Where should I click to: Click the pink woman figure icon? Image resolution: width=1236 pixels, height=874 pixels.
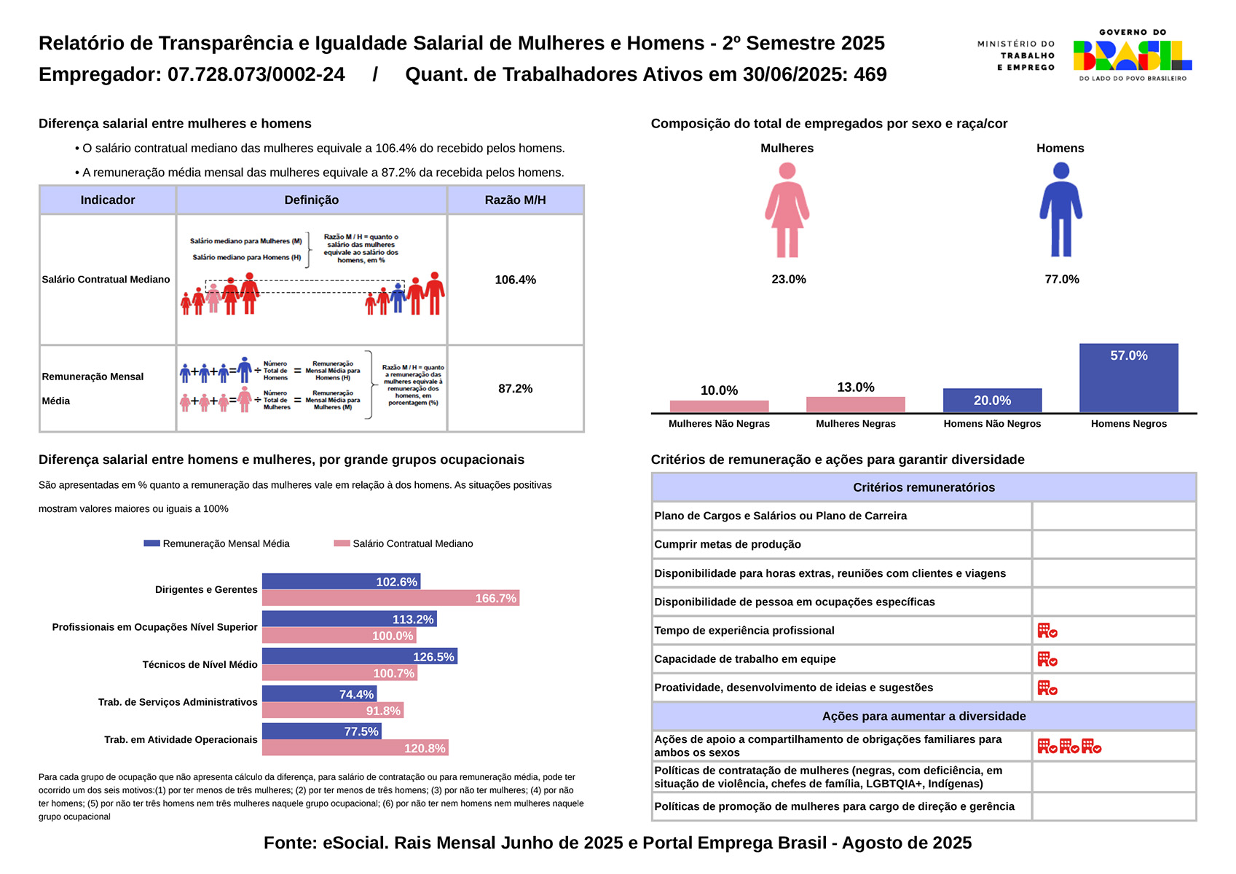pos(787,210)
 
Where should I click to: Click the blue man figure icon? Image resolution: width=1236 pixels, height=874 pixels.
pos(1060,210)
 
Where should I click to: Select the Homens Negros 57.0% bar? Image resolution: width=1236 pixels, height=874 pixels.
pos(1128,378)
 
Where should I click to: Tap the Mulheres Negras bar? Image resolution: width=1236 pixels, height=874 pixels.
pos(855,405)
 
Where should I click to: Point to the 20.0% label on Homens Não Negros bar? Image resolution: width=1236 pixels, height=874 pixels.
pos(992,401)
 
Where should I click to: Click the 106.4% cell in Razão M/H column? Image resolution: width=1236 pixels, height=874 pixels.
pos(515,280)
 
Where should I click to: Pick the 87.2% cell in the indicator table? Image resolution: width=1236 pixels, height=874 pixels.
pos(515,389)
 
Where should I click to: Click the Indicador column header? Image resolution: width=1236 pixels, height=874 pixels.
pos(108,200)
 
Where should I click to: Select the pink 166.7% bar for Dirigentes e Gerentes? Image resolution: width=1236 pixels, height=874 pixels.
pos(390,599)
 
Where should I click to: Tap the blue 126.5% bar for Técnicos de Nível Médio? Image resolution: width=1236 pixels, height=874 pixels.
pos(359,657)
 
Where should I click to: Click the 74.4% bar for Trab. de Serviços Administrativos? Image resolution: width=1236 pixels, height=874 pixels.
pos(319,694)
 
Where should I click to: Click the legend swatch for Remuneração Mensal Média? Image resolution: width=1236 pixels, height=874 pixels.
pos(151,543)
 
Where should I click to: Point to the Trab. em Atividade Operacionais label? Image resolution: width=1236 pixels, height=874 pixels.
pos(181,740)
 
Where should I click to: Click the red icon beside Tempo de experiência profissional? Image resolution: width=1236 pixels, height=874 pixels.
pos(1047,631)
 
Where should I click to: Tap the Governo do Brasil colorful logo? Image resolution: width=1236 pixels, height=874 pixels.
pos(1132,55)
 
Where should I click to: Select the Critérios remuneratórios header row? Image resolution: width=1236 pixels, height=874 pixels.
pos(923,487)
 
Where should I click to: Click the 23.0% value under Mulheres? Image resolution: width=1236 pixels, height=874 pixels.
pos(788,280)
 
